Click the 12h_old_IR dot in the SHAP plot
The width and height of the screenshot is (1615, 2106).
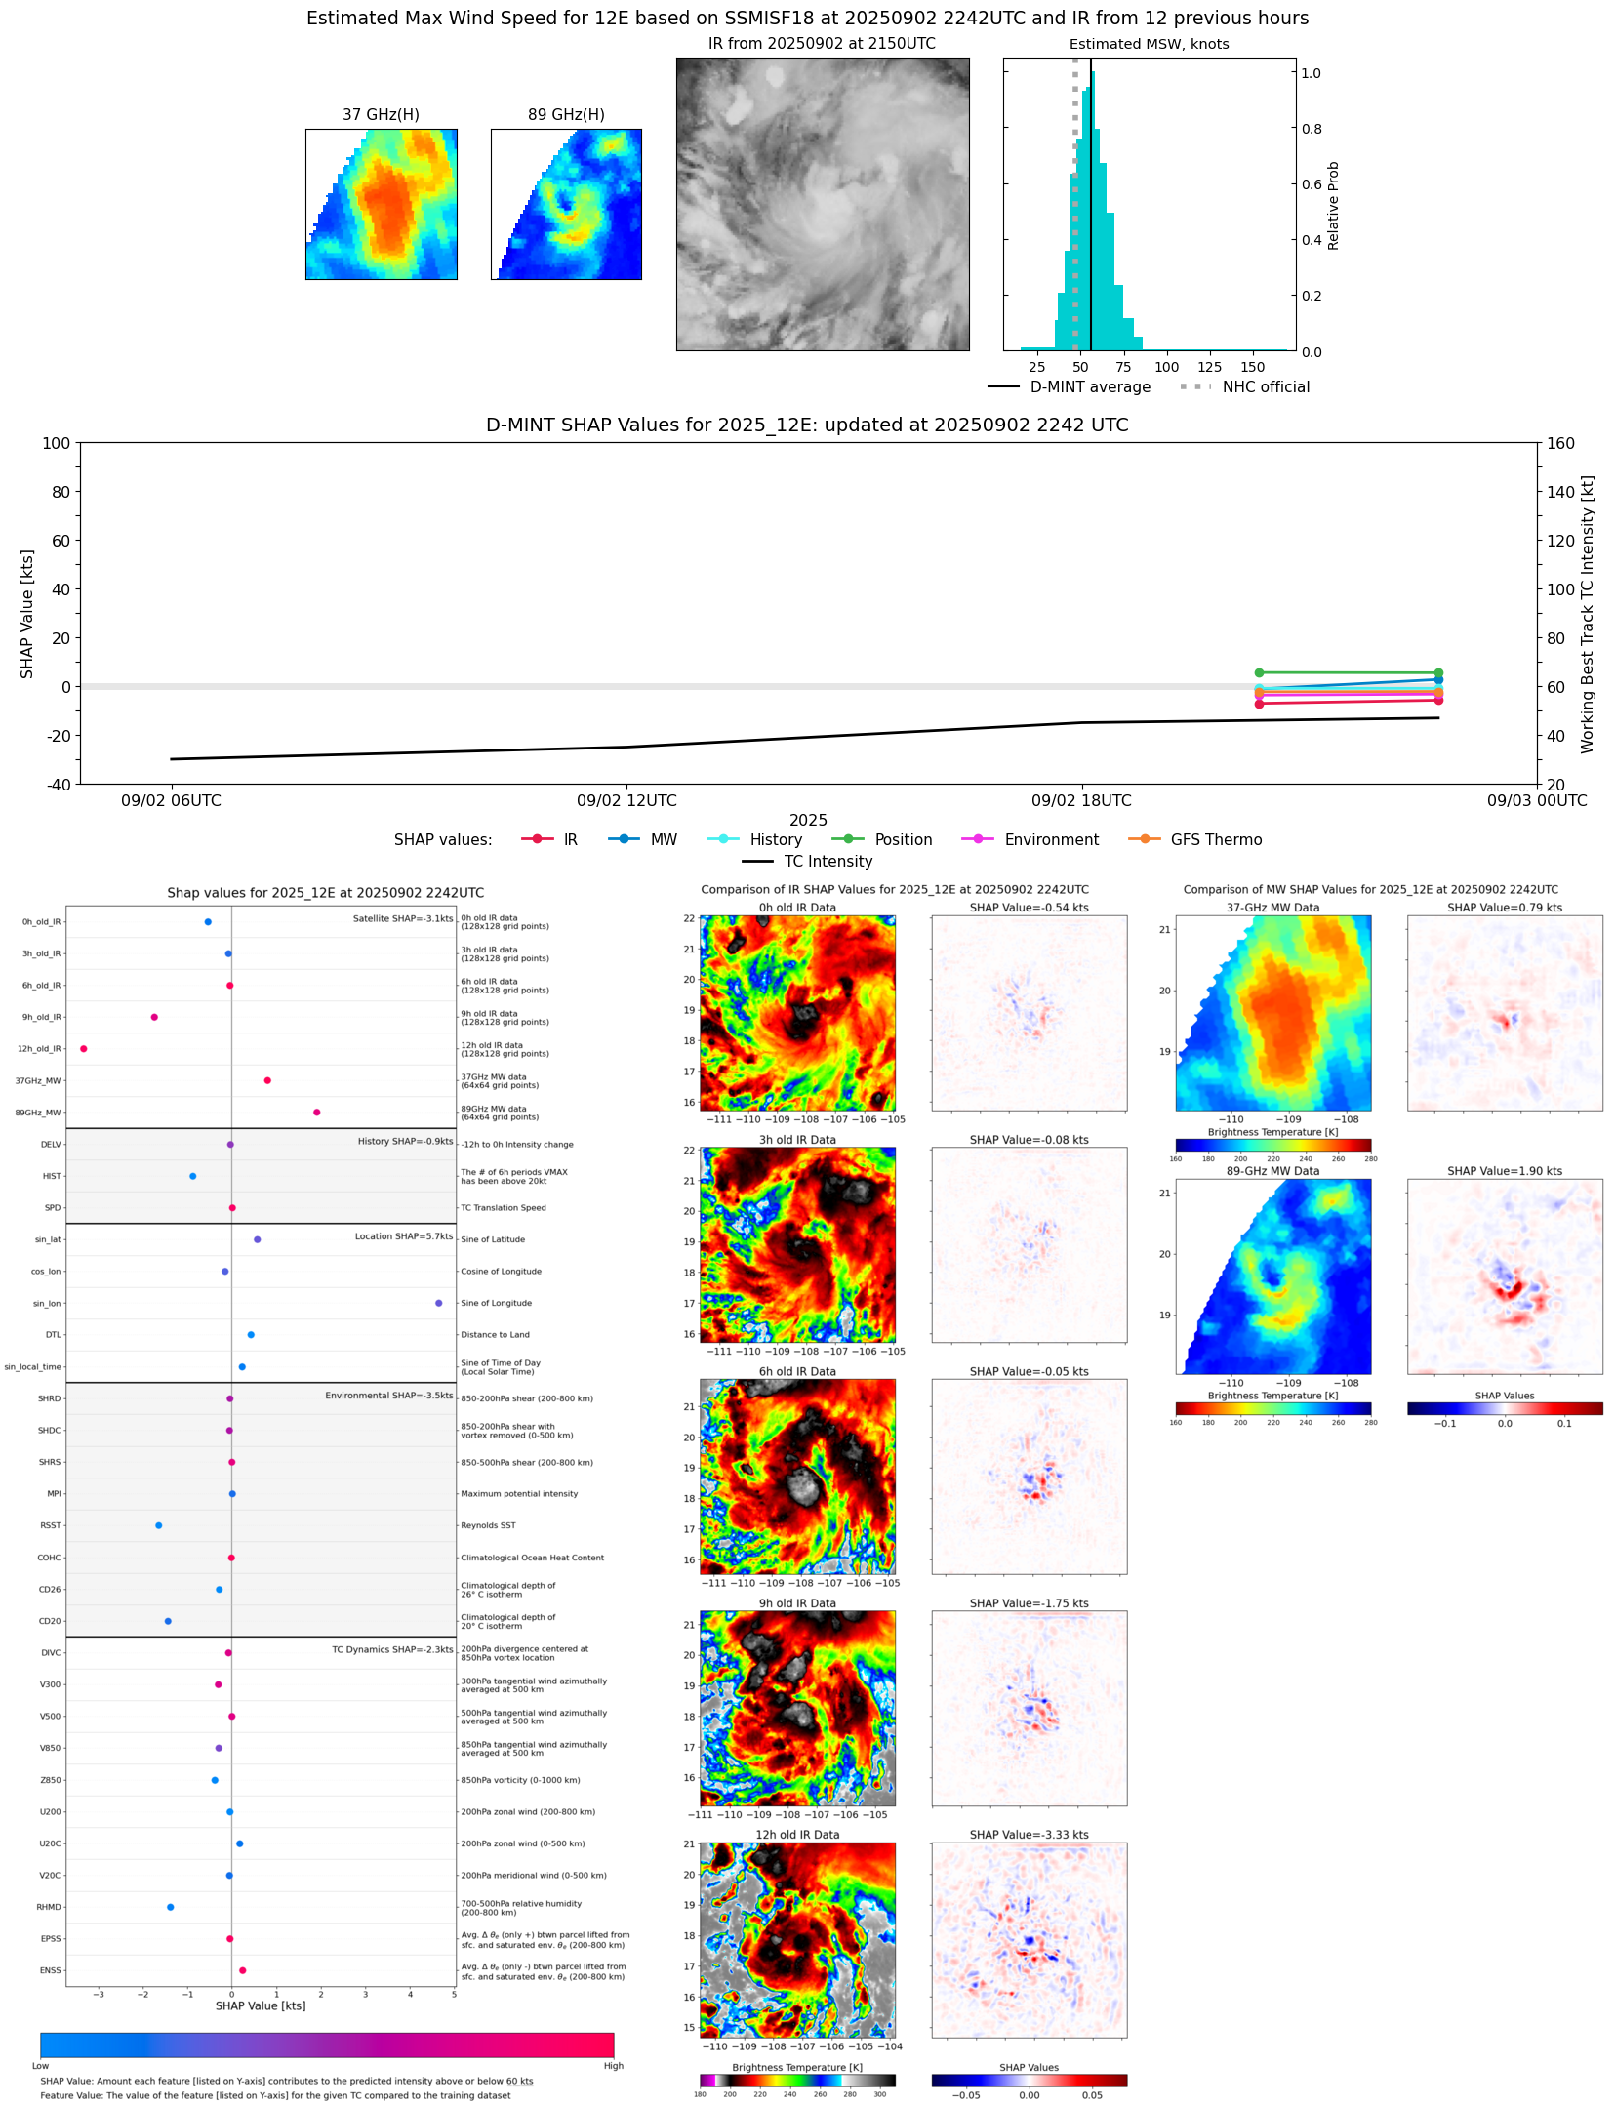click(84, 1049)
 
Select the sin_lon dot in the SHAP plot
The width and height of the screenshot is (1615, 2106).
click(439, 1303)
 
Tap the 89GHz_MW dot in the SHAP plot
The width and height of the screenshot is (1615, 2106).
click(316, 1113)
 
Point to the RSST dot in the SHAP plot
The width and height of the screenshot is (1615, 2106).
click(159, 1525)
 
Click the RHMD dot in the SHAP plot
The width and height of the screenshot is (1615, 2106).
click(171, 1907)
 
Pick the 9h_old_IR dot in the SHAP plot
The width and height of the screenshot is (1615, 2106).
click(154, 1017)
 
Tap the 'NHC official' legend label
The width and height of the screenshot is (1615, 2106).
click(1266, 387)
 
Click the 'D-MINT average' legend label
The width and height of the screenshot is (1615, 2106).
click(1090, 387)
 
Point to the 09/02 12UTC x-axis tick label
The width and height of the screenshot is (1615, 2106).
click(626, 801)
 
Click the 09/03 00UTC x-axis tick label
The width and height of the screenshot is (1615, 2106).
click(1537, 801)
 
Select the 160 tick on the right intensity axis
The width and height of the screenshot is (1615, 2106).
click(1560, 443)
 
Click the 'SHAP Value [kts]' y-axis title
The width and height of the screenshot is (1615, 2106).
click(27, 614)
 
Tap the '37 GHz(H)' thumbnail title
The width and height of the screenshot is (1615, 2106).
click(381, 115)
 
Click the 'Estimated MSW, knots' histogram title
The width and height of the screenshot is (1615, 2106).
click(1149, 44)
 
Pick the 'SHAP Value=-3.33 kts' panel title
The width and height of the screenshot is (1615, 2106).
click(1029, 1835)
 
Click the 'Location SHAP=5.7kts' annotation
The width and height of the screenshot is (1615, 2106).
click(403, 1236)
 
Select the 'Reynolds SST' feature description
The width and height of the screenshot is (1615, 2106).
click(488, 1525)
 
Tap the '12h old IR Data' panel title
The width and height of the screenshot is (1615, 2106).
click(797, 1835)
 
